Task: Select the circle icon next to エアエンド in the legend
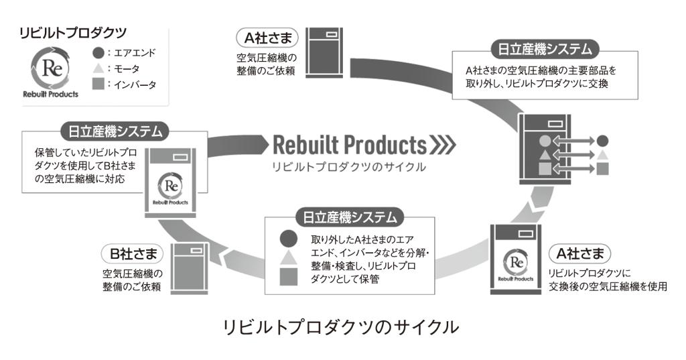pyautogui.click(x=98, y=52)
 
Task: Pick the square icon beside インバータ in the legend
pyautogui.click(x=98, y=84)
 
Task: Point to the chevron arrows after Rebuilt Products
pyautogui.click(x=443, y=144)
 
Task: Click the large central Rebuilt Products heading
pyautogui.click(x=348, y=144)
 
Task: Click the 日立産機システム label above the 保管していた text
pyautogui.click(x=115, y=129)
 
